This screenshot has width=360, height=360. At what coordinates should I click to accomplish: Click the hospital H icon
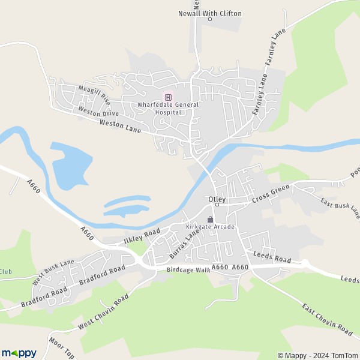click(168, 97)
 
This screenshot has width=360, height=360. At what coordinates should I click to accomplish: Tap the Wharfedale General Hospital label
click(168, 108)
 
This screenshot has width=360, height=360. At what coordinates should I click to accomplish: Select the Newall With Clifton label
click(210, 13)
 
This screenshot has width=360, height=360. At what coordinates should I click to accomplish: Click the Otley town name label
click(216, 198)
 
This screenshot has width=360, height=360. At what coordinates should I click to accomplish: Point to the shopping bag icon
click(210, 219)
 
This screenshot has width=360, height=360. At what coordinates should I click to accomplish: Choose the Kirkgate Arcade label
click(210, 227)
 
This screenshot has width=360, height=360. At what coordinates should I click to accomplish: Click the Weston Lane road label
click(119, 125)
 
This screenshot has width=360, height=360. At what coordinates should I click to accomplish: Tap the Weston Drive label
click(99, 113)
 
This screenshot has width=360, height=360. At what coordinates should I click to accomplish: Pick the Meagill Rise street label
click(94, 94)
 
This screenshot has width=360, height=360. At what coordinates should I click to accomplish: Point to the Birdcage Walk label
click(188, 270)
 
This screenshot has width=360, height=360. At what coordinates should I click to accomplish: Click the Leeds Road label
click(271, 257)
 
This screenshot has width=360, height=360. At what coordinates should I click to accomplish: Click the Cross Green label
click(271, 193)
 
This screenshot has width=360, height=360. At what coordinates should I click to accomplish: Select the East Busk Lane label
click(340, 208)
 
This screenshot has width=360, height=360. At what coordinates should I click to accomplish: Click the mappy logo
click(19, 353)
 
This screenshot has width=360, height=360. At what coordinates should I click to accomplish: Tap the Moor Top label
click(62, 348)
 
